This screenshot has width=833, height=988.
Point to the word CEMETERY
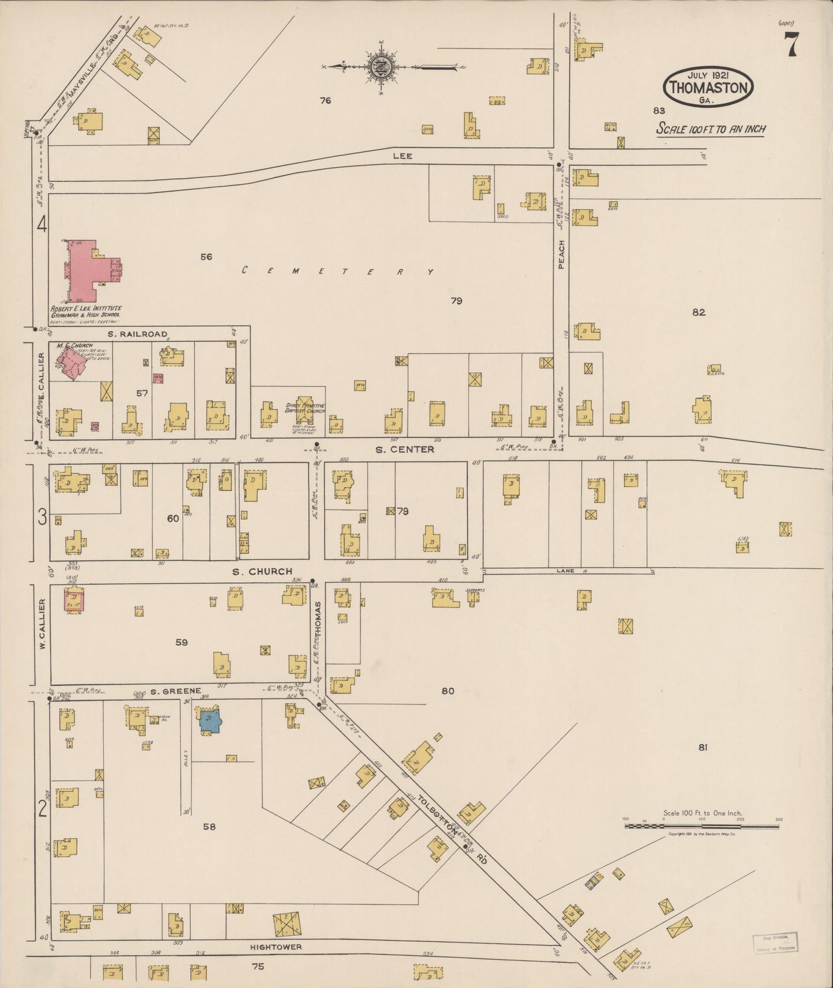click(x=337, y=271)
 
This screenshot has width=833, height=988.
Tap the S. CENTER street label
click(x=405, y=449)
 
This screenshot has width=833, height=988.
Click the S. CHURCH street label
click(x=262, y=571)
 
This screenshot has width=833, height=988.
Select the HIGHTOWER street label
click(x=276, y=946)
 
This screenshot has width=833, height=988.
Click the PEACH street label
click(x=561, y=254)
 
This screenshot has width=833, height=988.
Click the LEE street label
click(x=402, y=156)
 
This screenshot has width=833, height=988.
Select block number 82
click(x=699, y=312)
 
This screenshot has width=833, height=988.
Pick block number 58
click(x=209, y=827)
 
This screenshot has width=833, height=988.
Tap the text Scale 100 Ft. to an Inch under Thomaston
click(x=711, y=129)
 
